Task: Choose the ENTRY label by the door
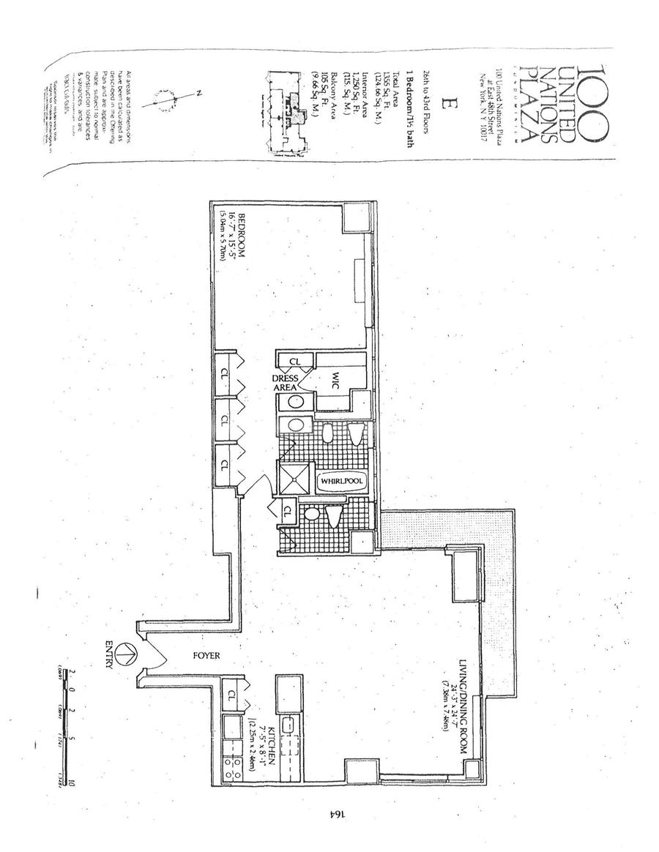[110, 654]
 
